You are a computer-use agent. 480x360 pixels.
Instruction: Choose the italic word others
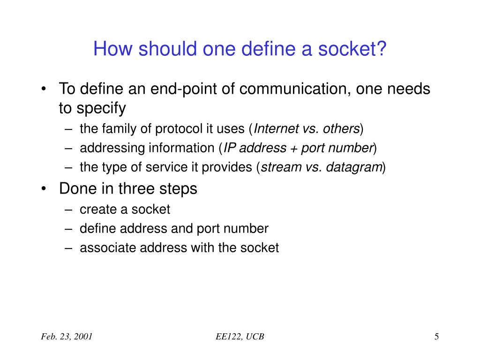[x=343, y=129]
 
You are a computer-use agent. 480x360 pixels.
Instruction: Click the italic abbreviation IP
[x=229, y=149]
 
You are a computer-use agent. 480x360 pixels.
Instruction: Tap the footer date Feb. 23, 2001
[x=65, y=337]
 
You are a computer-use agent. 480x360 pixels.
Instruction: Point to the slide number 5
[x=436, y=337]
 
